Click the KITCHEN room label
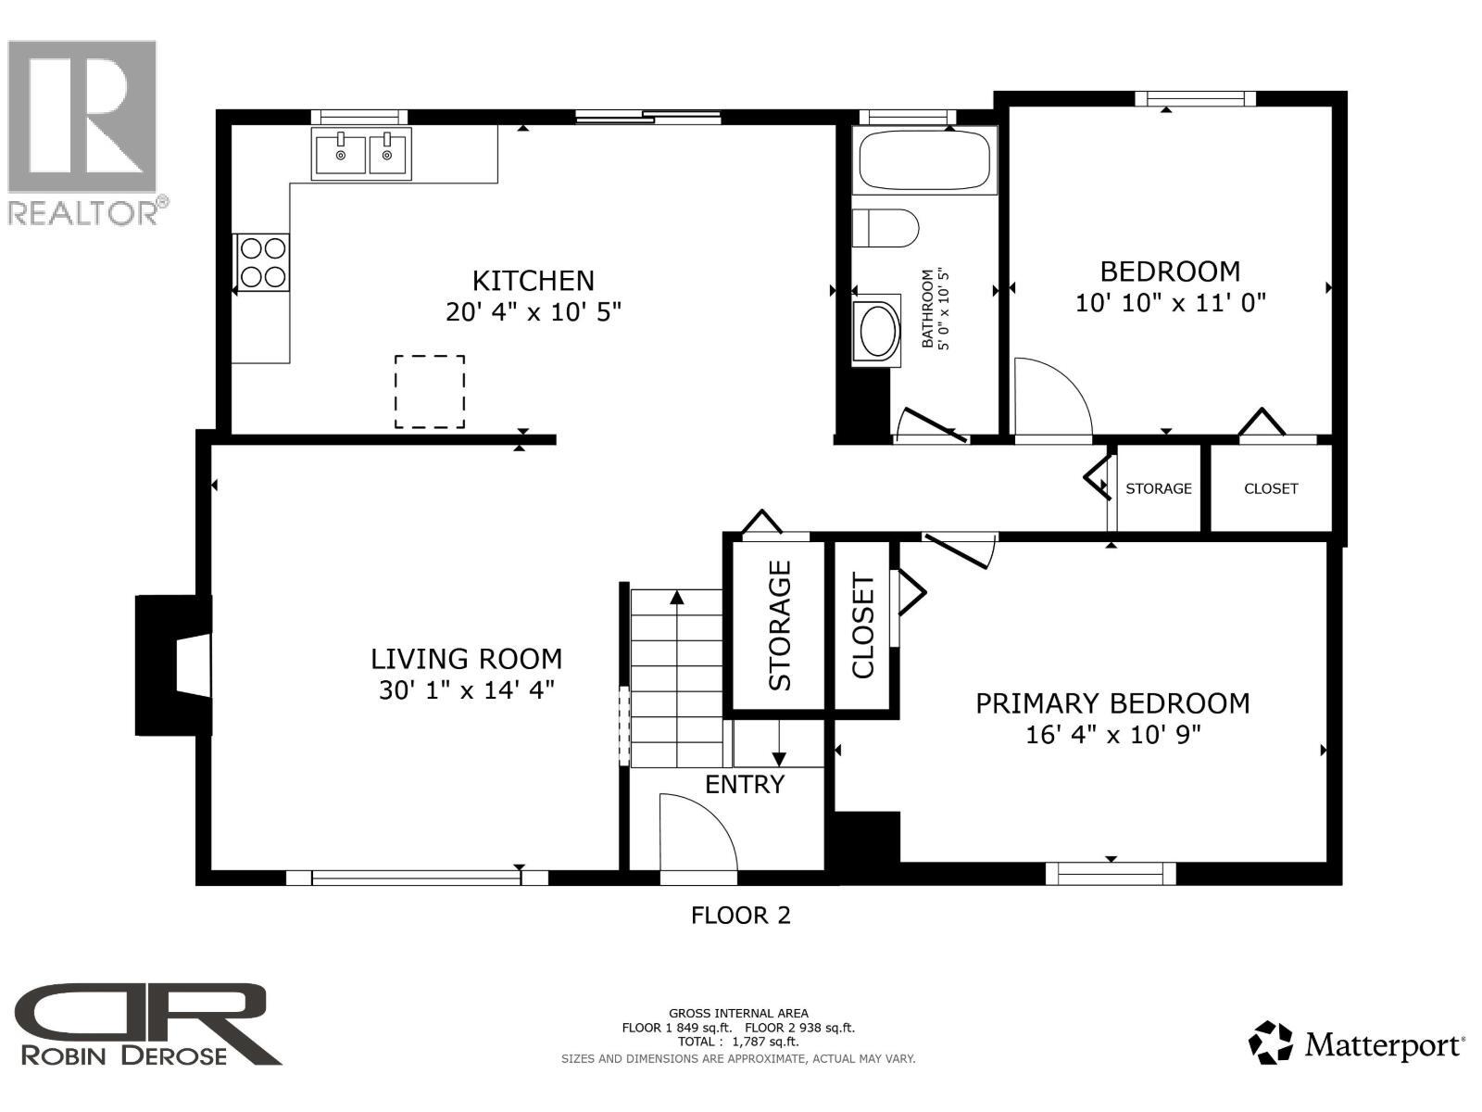[533, 280]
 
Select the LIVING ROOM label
[466, 659]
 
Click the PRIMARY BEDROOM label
[1112, 703]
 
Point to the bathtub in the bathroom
[923, 161]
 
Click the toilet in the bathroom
[885, 228]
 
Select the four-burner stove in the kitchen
[262, 262]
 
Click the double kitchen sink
[362, 154]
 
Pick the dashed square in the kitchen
[430, 391]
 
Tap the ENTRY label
[745, 785]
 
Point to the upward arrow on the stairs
[677, 630]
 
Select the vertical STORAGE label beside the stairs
[780, 625]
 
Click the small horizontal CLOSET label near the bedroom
[1271, 488]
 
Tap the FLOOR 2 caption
[740, 916]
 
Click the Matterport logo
[1356, 1043]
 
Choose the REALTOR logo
[85, 130]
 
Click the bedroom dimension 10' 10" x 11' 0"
[1170, 302]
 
